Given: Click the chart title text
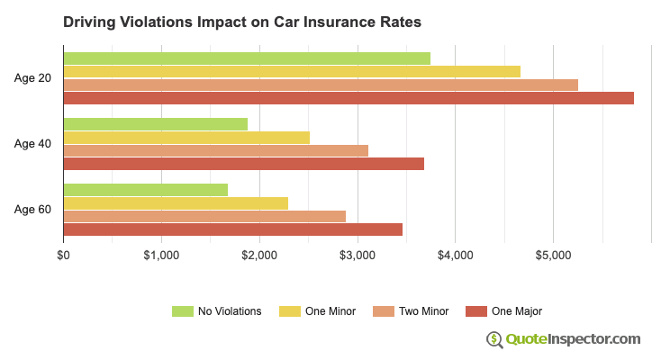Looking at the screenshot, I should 241,22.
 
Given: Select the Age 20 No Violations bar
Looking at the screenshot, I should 247,58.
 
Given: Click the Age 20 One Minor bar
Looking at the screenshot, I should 292,71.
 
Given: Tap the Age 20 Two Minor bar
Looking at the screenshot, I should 321,85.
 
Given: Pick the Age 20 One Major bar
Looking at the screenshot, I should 349,98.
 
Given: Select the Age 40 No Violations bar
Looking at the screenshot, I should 155,124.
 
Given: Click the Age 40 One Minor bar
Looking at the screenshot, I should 186,137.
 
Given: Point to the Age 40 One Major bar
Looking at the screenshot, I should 243,164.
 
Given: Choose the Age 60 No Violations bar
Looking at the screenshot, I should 145,190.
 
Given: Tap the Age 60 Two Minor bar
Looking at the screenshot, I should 204,216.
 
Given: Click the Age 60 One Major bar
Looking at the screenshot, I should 232,229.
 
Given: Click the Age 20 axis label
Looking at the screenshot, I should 32,78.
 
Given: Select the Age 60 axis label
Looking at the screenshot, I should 32,210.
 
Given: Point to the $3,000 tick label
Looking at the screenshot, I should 358,256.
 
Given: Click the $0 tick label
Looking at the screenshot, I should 63,256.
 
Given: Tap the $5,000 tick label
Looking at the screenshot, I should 553,256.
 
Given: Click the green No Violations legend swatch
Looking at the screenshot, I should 183,311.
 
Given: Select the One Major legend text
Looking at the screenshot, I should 517,311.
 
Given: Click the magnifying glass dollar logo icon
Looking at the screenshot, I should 495,339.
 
